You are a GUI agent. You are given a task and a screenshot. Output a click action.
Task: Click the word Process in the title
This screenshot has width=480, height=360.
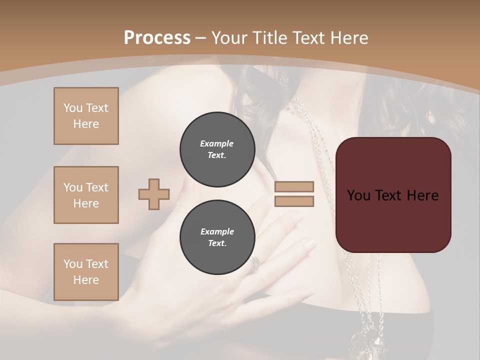click(x=157, y=38)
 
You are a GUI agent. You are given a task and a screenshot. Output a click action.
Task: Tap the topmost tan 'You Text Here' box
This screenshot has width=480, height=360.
click(x=86, y=116)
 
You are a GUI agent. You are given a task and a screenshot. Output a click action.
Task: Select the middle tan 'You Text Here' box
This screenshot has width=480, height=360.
click(x=86, y=195)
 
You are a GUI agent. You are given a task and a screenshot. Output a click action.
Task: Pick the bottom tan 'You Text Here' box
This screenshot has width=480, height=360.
click(x=86, y=272)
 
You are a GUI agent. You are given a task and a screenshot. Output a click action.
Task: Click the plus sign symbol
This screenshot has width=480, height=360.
click(x=154, y=194)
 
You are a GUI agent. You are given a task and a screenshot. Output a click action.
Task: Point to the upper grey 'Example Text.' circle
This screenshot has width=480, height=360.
click(x=217, y=149)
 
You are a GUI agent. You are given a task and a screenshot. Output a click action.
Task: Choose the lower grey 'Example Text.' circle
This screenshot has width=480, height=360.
click(x=217, y=237)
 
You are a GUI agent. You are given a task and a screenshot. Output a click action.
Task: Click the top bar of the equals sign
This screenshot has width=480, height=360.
click(x=294, y=186)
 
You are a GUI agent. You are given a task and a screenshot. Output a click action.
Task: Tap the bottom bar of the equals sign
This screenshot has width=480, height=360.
click(x=294, y=201)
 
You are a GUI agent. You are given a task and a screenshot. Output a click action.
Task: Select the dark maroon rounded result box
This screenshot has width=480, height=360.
click(x=393, y=220)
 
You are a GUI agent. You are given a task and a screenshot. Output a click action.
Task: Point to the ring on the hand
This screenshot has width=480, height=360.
click(x=255, y=262)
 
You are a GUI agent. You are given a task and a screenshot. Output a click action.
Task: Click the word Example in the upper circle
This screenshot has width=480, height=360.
click(x=217, y=143)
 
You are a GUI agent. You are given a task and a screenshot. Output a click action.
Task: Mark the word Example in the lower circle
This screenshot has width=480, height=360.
click(x=217, y=231)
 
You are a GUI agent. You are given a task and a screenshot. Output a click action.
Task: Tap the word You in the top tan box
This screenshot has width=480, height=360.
click(x=73, y=108)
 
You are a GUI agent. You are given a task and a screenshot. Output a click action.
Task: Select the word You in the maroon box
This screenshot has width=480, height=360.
click(x=358, y=195)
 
